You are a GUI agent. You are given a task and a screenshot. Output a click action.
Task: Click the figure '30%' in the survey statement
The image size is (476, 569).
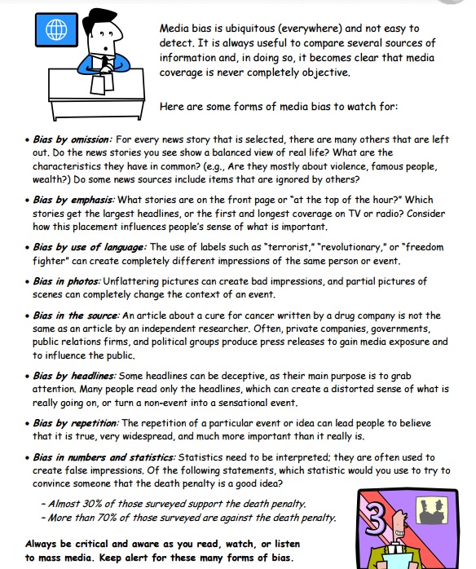click(95, 504)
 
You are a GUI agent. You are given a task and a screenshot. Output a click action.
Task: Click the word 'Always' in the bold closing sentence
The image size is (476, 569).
click(43, 544)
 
